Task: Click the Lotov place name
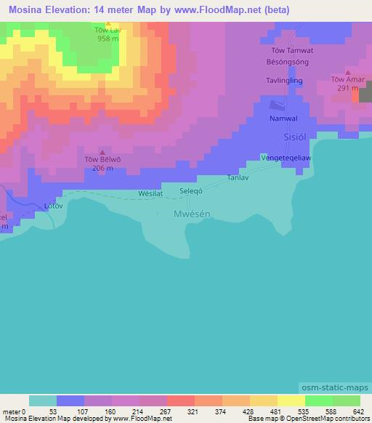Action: coord(54,206)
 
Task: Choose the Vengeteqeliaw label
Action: coord(290,157)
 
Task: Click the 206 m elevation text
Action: coord(102,168)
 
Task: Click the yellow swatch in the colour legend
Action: coord(291,400)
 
